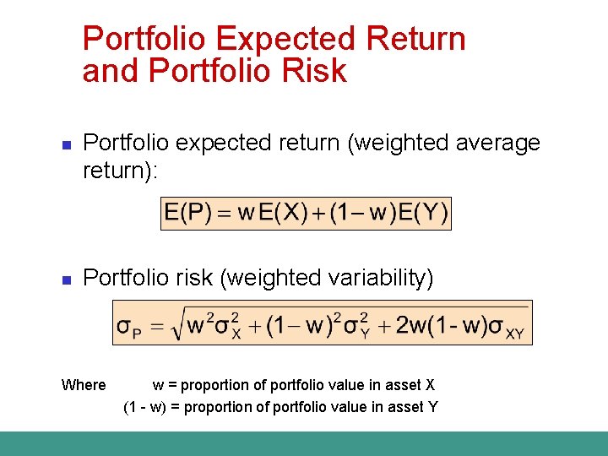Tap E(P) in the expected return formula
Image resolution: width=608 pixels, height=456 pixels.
187,214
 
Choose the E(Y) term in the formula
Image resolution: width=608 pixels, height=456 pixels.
419,214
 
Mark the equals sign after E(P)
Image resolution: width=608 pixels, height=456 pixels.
224,214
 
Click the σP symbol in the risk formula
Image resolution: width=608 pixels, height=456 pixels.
129,326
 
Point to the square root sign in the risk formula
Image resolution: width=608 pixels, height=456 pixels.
174,325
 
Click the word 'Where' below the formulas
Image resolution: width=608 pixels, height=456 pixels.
84,385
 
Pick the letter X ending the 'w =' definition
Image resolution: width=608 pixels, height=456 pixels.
430,385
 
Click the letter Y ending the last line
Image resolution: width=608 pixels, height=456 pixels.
432,407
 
